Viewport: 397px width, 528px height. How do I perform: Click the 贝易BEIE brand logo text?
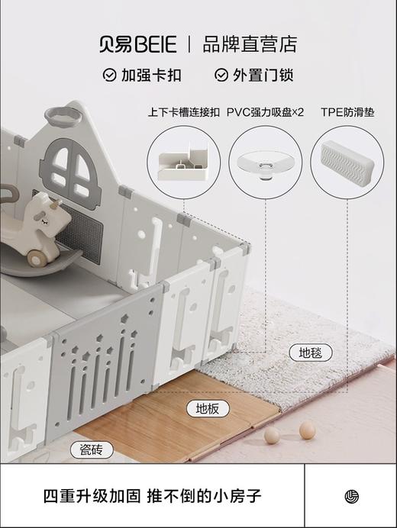[138, 43]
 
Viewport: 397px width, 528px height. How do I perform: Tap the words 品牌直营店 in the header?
[250, 43]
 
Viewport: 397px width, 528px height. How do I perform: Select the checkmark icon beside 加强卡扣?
[109, 76]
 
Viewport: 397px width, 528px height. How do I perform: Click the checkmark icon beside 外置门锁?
[221, 76]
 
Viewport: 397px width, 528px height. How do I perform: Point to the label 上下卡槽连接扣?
[183, 112]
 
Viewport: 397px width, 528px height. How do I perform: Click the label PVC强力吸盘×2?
[265, 112]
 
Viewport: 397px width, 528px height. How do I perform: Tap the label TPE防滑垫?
[347, 112]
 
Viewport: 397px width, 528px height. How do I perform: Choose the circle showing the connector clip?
[183, 163]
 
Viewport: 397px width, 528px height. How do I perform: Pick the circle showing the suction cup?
[265, 163]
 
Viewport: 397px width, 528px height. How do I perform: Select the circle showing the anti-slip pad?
[347, 163]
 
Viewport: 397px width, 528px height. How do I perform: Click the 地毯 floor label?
[311, 353]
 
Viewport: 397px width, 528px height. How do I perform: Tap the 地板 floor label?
[208, 409]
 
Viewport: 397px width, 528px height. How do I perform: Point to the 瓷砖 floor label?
[95, 449]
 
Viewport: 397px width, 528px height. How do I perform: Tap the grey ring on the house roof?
[63, 116]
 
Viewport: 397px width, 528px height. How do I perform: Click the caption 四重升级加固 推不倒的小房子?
[153, 496]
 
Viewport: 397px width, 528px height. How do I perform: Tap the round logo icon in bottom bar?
[350, 496]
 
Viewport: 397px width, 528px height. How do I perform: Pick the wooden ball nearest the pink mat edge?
[307, 430]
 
